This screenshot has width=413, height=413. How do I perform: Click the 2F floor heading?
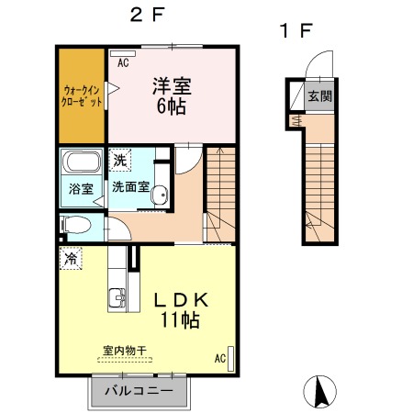(x=147, y=15)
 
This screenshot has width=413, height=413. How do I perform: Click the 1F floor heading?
(x=296, y=30)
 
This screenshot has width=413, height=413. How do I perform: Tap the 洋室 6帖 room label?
(x=172, y=96)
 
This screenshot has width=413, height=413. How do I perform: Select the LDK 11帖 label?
(x=181, y=310)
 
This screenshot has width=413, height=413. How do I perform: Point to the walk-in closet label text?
(x=82, y=95)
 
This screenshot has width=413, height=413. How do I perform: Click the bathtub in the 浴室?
(x=82, y=162)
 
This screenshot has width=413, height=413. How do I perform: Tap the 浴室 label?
(x=81, y=189)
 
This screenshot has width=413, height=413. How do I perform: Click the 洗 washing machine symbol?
(x=120, y=160)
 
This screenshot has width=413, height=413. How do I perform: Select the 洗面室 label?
(x=130, y=186)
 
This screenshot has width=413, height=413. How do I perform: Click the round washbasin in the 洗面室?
(x=160, y=195)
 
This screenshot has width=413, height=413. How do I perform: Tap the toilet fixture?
(x=76, y=225)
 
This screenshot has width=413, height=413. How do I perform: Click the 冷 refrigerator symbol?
(x=71, y=258)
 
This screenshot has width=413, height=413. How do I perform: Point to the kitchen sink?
(x=117, y=297)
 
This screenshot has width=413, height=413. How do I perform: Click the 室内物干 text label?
(x=125, y=351)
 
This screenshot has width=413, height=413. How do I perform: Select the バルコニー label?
(x=139, y=391)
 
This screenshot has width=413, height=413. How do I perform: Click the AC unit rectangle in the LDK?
(x=231, y=359)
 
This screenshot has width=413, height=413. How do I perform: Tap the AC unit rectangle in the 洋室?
(x=123, y=54)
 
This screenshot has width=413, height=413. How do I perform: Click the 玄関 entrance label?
(x=320, y=96)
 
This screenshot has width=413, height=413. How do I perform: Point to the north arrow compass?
(x=320, y=392)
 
